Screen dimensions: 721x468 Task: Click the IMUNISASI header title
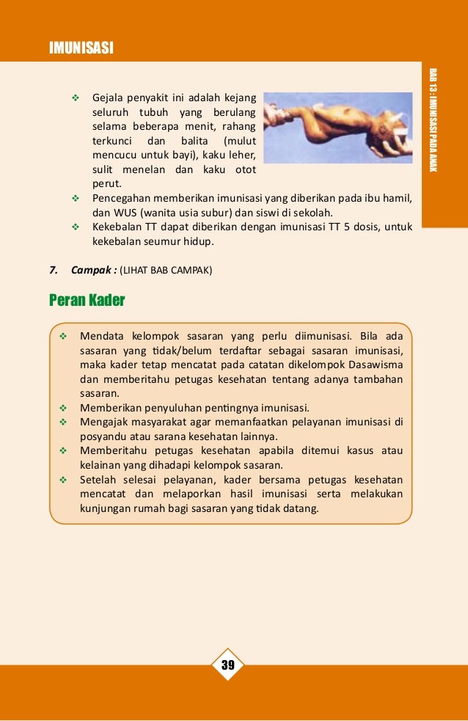pos(81,48)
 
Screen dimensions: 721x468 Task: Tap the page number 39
pos(227,665)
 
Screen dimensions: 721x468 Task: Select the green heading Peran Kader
pos(87,300)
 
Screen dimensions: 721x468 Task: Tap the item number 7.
pos(54,269)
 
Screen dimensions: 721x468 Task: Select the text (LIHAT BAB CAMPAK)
pos(166,269)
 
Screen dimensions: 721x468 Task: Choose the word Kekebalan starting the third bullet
pos(117,226)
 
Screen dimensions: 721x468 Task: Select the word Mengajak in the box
pos(104,421)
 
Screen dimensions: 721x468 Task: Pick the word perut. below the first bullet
pos(106,184)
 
